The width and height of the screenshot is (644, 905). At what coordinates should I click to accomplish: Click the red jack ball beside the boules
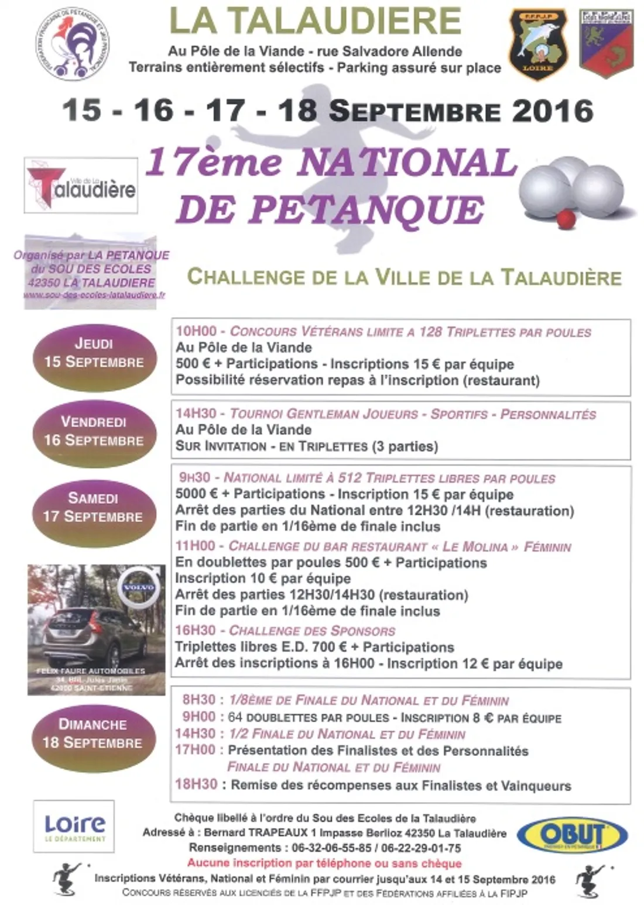click(566, 219)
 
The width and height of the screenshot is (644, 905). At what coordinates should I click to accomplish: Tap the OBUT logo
click(572, 835)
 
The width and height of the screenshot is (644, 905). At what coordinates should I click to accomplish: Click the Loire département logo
click(74, 826)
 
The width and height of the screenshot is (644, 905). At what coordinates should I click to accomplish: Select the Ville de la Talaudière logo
click(81, 185)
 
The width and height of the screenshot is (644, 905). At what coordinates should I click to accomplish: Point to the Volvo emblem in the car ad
click(139, 586)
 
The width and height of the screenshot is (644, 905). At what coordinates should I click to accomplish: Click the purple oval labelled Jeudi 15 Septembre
click(94, 353)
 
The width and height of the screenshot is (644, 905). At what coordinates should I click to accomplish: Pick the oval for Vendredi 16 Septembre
click(94, 431)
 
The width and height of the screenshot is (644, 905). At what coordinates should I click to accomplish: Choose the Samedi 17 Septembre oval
click(94, 508)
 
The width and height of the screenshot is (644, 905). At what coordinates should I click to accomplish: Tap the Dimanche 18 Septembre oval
click(94, 734)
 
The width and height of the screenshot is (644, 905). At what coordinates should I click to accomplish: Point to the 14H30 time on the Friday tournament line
click(196, 414)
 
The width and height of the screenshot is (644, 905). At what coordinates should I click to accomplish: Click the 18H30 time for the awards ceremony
click(196, 784)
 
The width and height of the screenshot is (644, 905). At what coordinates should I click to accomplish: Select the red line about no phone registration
click(324, 863)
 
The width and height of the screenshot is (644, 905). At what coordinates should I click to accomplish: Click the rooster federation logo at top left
click(72, 44)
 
